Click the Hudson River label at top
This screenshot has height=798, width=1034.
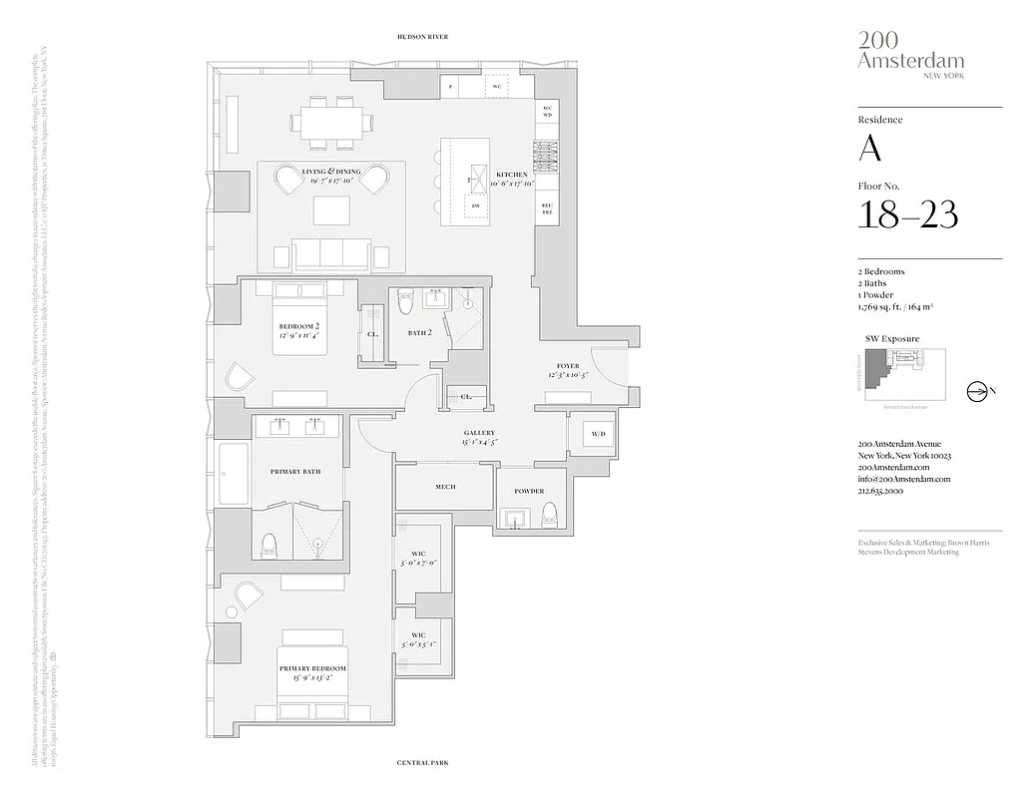tap(423, 37)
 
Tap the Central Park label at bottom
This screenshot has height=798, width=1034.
tap(423, 763)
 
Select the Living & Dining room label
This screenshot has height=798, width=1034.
tap(331, 176)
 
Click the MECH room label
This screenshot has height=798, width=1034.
tap(445, 487)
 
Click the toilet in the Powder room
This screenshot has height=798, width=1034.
tap(549, 515)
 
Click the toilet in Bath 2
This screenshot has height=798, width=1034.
tap(405, 300)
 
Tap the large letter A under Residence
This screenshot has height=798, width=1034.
tap(870, 148)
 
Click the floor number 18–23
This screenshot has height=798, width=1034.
tap(907, 214)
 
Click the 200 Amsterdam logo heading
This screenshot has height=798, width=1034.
tap(910, 52)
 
